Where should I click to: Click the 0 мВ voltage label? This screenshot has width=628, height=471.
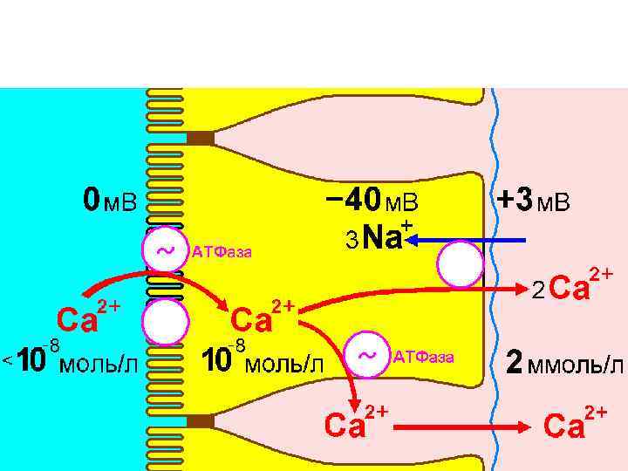point(110,202)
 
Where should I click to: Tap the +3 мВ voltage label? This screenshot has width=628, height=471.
point(533,201)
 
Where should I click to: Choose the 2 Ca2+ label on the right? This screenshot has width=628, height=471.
point(571,283)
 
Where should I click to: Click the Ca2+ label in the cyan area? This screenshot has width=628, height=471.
point(87,318)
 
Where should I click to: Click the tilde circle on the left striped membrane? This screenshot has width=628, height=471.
point(164,251)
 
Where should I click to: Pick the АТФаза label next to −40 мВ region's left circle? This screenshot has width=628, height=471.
point(222,253)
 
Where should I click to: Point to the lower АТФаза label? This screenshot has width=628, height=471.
point(424,356)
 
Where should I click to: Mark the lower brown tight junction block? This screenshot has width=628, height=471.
point(200,422)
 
